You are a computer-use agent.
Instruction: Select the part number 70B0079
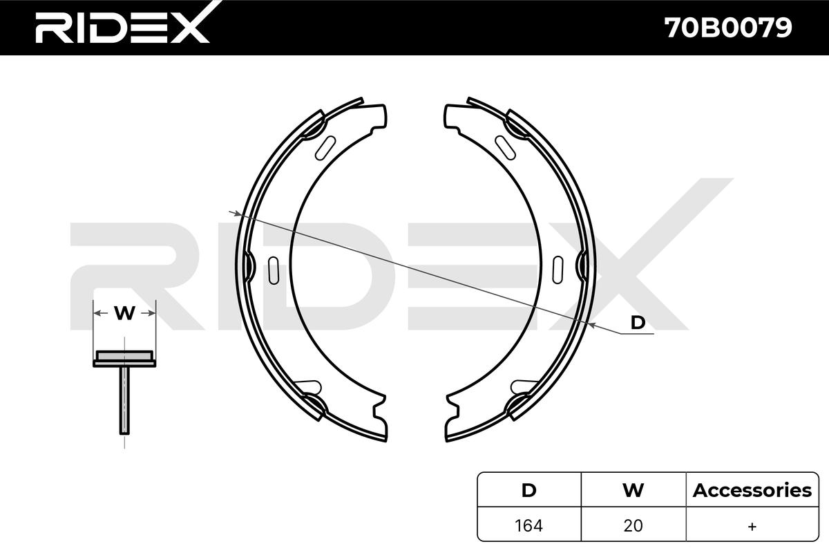pos(728,28)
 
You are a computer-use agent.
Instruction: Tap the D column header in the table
pos(528,490)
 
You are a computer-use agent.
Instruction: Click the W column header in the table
pos(633,490)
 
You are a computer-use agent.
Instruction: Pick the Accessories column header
pos(752,490)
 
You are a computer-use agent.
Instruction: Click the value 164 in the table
pos(528,526)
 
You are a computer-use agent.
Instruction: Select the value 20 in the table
pos(633,526)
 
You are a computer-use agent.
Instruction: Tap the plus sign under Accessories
pos(752,526)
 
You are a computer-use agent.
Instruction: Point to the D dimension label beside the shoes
pos(638,323)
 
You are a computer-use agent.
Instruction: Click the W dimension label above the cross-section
pos(124,313)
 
